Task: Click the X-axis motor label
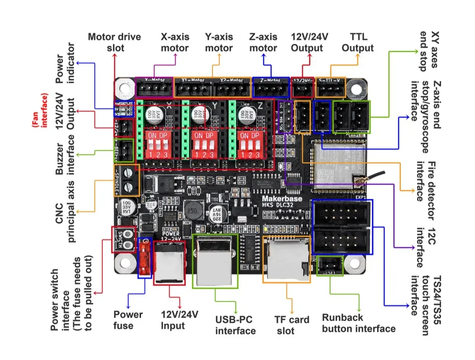click(x=175, y=43)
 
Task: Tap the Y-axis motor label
click(x=219, y=43)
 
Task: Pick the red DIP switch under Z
click(x=252, y=144)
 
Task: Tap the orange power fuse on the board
click(x=144, y=257)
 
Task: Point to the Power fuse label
click(x=128, y=320)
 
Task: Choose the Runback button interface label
click(x=359, y=323)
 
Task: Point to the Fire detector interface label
click(x=425, y=191)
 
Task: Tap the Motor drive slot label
click(x=114, y=43)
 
